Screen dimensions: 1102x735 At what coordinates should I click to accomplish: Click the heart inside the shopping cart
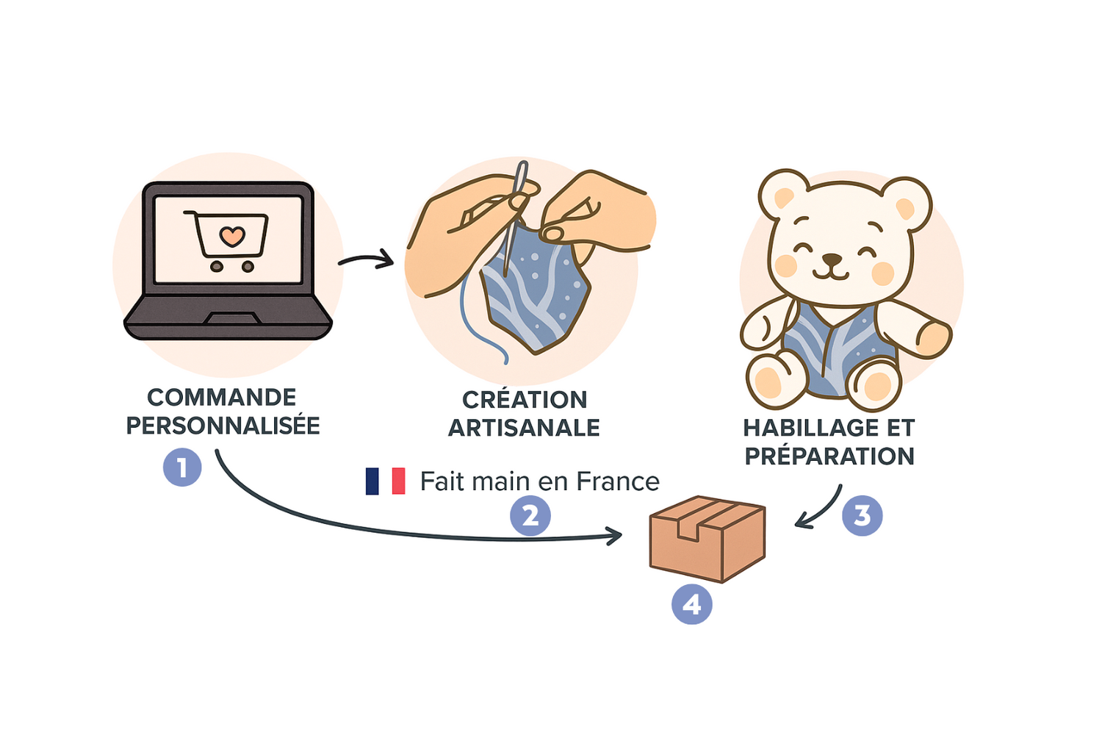[232, 237]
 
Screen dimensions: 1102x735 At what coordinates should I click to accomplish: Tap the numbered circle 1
[182, 467]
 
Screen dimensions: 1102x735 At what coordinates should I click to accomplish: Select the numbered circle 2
[530, 515]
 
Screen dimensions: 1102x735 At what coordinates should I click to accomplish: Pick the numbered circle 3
[862, 515]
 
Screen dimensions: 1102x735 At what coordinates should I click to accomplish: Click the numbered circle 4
[692, 604]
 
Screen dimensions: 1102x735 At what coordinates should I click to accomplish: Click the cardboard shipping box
[707, 539]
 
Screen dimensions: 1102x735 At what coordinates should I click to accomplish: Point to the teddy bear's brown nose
[832, 259]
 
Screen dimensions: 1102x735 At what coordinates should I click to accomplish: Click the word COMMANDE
[222, 398]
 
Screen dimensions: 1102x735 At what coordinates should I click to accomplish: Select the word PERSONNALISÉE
[223, 426]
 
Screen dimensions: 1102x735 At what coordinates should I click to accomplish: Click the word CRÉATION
[525, 399]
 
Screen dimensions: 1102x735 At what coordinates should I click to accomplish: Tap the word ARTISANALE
[524, 428]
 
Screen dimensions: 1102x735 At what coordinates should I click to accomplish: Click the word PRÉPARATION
[829, 456]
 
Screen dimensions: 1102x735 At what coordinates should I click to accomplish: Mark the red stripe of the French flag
[398, 481]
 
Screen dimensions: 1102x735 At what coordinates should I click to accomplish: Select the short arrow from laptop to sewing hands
[367, 259]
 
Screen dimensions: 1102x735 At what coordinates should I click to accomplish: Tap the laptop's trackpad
[232, 318]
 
